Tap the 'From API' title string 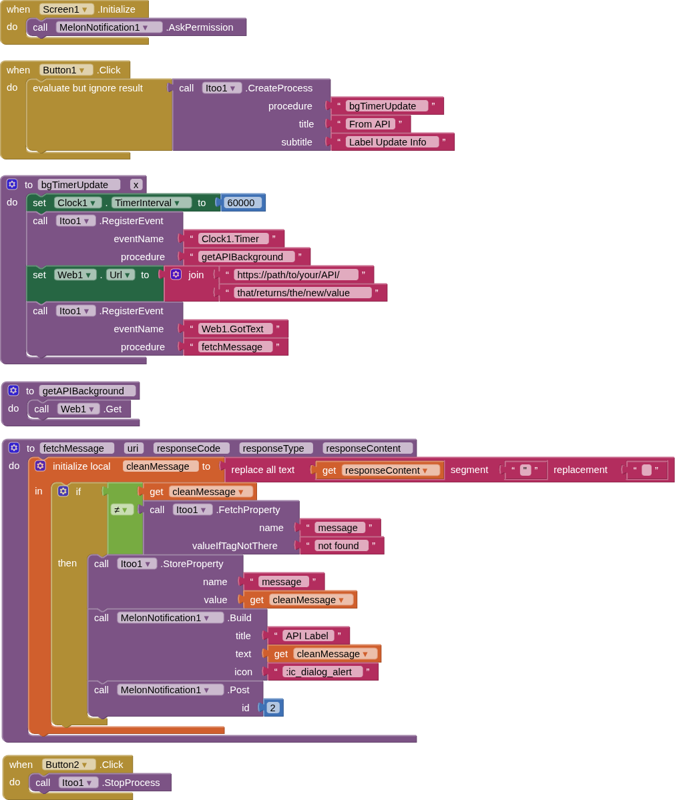point(370,124)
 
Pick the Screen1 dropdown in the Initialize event point(67,9)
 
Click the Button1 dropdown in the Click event point(65,70)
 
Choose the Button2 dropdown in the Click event point(68,765)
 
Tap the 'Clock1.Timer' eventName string point(233,239)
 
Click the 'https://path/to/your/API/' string point(295,275)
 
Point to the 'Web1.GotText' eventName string point(235,329)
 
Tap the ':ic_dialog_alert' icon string point(322,672)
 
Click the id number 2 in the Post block point(272,708)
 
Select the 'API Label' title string point(307,636)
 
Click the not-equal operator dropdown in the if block point(120,510)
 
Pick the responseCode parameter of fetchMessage point(191,448)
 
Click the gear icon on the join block point(176,274)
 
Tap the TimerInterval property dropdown point(151,203)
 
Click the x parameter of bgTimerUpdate point(136,185)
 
